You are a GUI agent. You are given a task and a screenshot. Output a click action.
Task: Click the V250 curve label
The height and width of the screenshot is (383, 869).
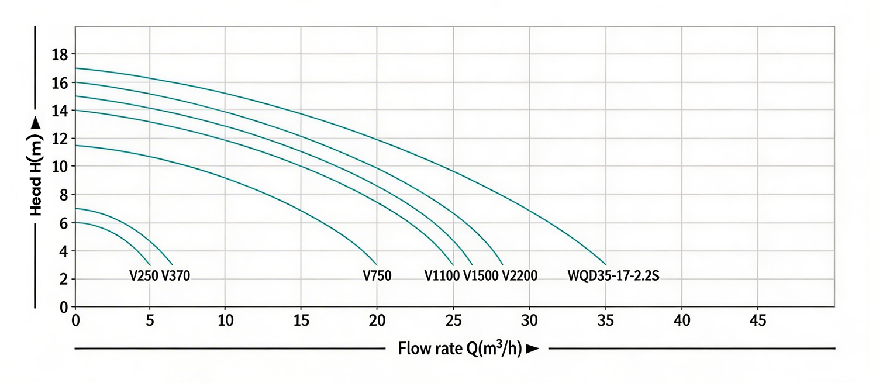click(x=143, y=275)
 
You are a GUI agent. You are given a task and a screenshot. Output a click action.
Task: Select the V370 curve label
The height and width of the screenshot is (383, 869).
click(x=175, y=275)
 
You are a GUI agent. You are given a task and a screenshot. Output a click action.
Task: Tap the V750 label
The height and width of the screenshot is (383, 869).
click(x=377, y=275)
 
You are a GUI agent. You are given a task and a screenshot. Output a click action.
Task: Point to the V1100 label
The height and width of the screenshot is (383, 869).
click(x=442, y=275)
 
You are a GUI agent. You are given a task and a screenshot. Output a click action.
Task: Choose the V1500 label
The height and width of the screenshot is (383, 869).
click(x=481, y=275)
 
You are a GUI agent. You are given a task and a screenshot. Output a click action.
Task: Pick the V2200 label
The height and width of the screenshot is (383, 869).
click(x=519, y=275)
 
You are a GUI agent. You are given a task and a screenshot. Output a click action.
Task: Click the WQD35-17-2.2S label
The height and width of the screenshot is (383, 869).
click(x=613, y=275)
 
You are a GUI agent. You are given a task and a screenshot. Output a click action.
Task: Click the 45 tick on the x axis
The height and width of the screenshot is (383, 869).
click(x=758, y=320)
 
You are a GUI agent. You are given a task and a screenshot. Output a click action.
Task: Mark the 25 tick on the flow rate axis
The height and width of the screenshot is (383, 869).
click(x=453, y=320)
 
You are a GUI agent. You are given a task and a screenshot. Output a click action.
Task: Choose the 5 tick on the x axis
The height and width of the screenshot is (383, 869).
click(x=150, y=320)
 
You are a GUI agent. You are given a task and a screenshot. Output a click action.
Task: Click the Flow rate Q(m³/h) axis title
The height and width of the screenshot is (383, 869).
click(x=460, y=349)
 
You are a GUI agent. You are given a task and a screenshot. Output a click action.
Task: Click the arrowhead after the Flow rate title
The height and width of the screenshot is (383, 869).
click(x=532, y=350)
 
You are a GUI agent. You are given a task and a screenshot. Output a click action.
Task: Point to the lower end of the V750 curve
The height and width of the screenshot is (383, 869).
click(x=377, y=265)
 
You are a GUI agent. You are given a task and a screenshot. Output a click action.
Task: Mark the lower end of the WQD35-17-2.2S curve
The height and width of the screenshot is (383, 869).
click(x=606, y=265)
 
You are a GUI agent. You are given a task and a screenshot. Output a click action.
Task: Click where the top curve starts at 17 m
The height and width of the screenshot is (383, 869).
click(x=76, y=68)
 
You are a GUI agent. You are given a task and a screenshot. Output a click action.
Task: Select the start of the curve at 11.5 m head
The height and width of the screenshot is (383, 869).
click(x=76, y=146)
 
